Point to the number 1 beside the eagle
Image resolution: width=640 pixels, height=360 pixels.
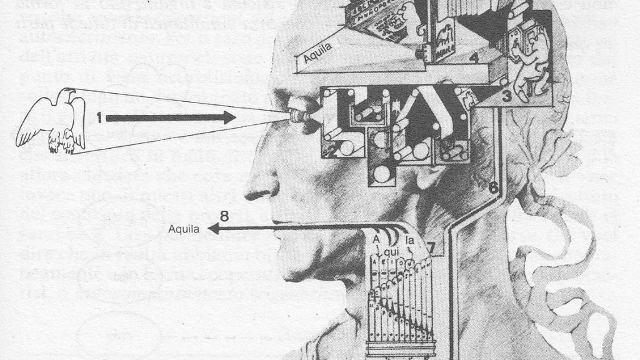point(99,117)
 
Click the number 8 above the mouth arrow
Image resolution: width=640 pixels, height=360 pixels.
point(224,217)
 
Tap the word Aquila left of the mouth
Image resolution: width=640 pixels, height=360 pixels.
point(184,229)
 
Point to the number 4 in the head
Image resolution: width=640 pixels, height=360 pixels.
point(474,58)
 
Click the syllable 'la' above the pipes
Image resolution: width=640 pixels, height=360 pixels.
point(410,239)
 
